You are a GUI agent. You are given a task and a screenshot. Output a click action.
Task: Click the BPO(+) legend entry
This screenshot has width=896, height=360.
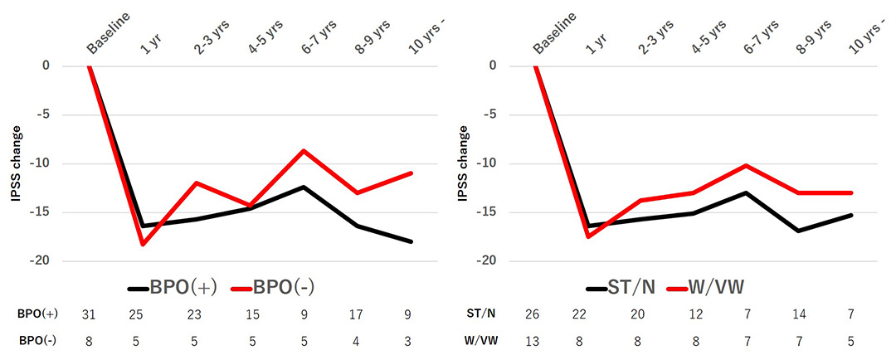[x=173, y=288]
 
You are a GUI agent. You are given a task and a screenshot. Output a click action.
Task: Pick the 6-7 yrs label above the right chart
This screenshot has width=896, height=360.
[x=746, y=37]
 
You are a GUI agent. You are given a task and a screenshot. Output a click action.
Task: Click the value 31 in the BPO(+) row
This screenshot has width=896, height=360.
[x=89, y=315]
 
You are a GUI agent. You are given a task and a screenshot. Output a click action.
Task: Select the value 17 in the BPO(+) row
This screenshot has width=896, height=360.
[x=358, y=315]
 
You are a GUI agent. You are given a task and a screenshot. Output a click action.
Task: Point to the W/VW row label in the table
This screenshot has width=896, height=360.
[x=482, y=339]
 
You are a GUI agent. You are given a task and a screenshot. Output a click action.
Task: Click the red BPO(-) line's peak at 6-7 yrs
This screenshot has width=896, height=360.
[x=304, y=150]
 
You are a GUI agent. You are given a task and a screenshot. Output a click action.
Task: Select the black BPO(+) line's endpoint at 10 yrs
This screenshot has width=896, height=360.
[x=411, y=241]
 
